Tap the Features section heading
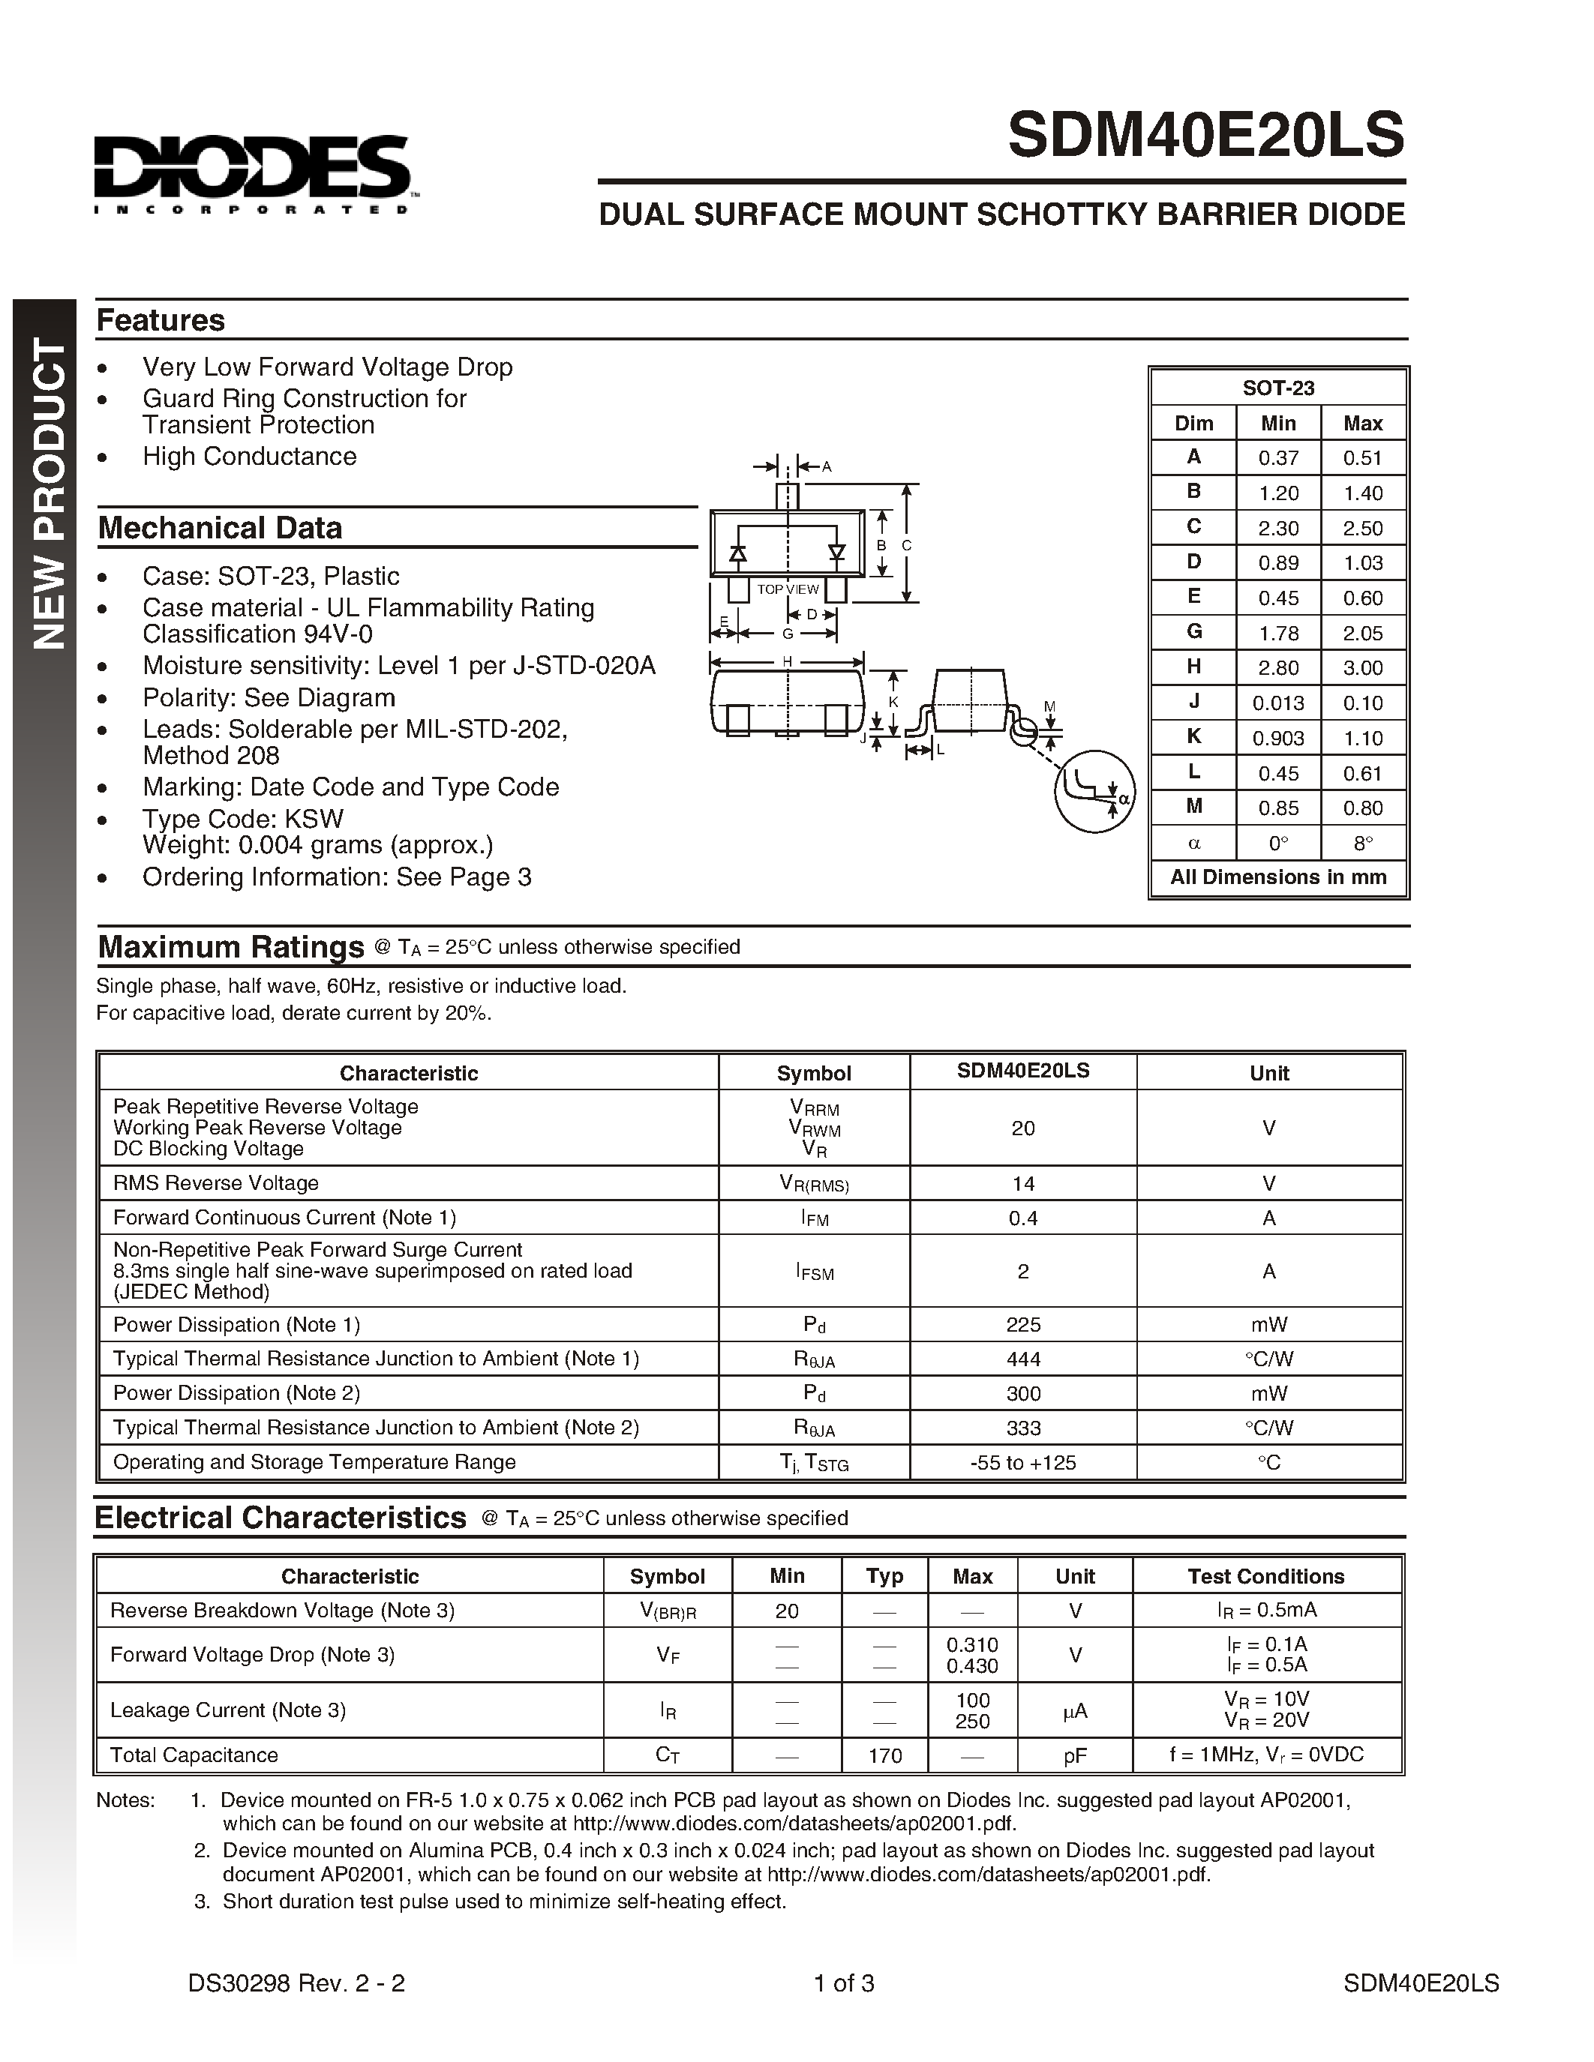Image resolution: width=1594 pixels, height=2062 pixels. pyautogui.click(x=161, y=320)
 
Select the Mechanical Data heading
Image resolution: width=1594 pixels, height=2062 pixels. pyautogui.click(x=220, y=528)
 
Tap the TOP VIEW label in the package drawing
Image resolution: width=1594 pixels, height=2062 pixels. pyautogui.click(x=788, y=589)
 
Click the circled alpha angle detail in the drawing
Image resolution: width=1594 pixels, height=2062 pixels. pyautogui.click(x=1095, y=791)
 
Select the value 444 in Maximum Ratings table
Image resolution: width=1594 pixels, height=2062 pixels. pyautogui.click(x=1022, y=1359)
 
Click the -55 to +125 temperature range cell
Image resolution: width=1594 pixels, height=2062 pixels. pyautogui.click(x=1022, y=1462)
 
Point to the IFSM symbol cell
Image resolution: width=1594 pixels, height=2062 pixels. pyautogui.click(x=814, y=1272)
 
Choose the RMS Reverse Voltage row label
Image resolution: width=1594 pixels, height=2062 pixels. pyautogui.click(x=216, y=1183)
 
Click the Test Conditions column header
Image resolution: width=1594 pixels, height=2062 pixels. pyautogui.click(x=1265, y=1576)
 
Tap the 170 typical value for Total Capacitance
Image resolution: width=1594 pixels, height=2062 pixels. pyautogui.click(x=884, y=1755)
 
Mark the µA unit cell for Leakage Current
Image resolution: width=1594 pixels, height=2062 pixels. pyautogui.click(x=1075, y=1710)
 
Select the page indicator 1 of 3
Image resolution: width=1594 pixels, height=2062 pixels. pyautogui.click(x=843, y=1983)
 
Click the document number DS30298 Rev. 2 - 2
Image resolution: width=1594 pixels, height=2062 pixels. pyautogui.click(x=296, y=1983)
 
